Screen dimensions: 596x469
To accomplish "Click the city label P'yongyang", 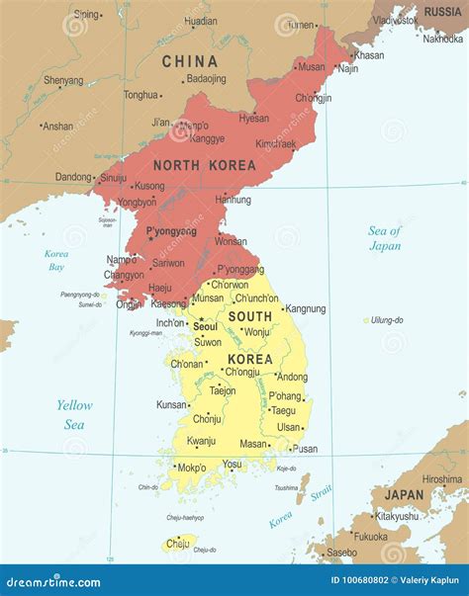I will coord(171,230).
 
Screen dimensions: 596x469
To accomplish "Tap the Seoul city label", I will coord(206,326).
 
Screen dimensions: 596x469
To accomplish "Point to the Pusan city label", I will coord(306,448).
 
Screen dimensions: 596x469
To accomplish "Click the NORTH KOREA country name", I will coord(204,165).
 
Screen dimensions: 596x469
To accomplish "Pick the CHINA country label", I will coord(189,61).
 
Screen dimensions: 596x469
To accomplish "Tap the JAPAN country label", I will coord(404,494).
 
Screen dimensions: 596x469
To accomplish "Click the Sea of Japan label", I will coord(385,238).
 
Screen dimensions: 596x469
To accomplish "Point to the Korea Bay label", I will coord(56,260).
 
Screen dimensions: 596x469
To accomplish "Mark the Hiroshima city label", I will coord(441,478).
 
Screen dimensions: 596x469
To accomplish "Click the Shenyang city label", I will coord(63,80).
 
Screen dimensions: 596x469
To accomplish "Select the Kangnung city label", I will coord(305,308).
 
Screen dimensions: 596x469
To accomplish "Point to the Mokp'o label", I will coord(191,468).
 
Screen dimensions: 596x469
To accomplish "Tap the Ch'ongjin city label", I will coord(313,98).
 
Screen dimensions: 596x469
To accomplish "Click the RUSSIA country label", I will coord(442,11).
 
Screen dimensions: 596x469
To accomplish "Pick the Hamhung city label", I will coord(234,200).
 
